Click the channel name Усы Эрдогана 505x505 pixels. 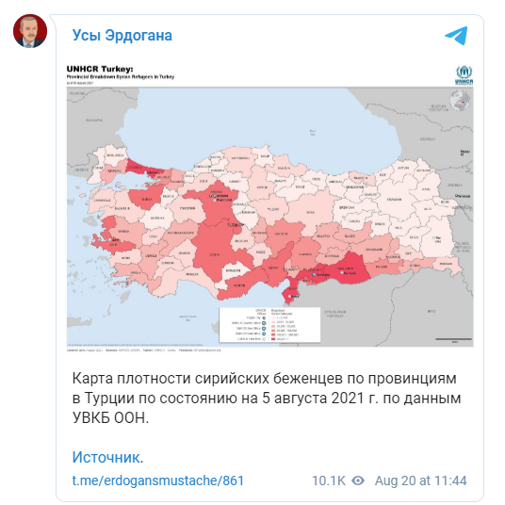(x=122, y=36)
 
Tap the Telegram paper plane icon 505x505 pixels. (x=456, y=36)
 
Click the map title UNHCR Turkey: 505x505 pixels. (x=99, y=68)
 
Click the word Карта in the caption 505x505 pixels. (x=95, y=377)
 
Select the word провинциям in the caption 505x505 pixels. (x=412, y=377)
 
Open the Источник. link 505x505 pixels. (x=107, y=458)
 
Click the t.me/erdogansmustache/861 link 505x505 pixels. (x=158, y=481)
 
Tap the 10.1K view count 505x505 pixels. (x=330, y=481)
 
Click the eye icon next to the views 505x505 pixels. (x=357, y=481)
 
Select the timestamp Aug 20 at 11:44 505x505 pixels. (x=420, y=481)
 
